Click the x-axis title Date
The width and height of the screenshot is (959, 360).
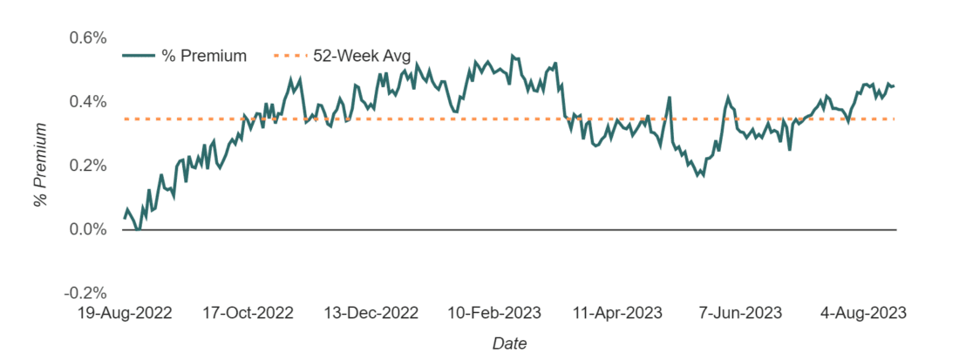tap(509, 343)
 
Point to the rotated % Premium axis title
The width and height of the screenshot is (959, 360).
tap(40, 165)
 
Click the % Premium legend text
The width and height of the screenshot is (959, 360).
tap(204, 57)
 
